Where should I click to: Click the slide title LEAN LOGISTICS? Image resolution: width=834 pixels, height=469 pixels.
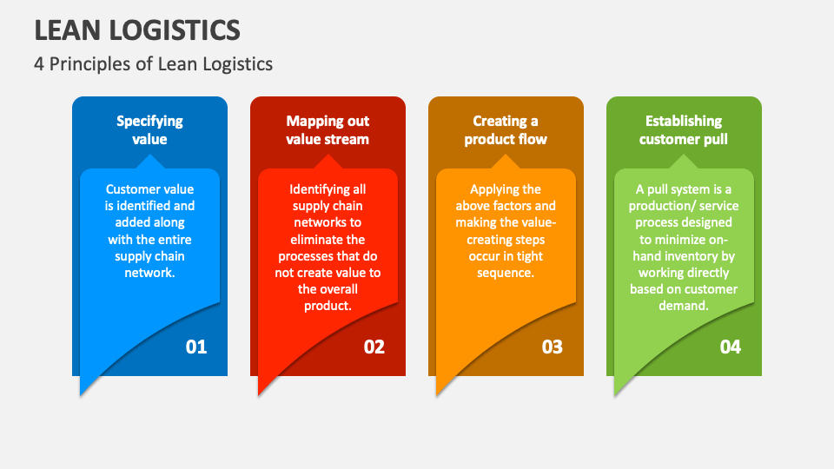pyautogui.click(x=137, y=30)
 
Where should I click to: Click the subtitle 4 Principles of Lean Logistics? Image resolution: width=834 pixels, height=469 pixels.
pyautogui.click(x=154, y=63)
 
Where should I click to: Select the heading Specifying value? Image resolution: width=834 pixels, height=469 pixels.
pyautogui.click(x=149, y=130)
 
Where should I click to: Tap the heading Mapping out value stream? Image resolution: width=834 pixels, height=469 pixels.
pyautogui.click(x=328, y=130)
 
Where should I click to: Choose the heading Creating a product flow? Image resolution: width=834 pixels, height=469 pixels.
pyautogui.click(x=506, y=130)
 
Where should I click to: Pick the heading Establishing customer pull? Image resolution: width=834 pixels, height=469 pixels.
pyautogui.click(x=684, y=130)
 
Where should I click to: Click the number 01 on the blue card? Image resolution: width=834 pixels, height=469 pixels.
pyautogui.click(x=196, y=347)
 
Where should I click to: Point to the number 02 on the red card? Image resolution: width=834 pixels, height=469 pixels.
pyautogui.click(x=374, y=347)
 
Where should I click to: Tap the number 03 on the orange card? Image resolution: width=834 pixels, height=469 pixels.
pyautogui.click(x=552, y=347)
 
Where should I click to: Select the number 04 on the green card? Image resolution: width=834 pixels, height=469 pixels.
pyautogui.click(x=730, y=347)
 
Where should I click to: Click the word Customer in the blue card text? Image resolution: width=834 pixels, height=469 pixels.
pyautogui.click(x=131, y=189)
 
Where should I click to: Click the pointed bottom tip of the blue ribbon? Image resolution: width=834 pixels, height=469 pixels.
pyautogui.click(x=82, y=394)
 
